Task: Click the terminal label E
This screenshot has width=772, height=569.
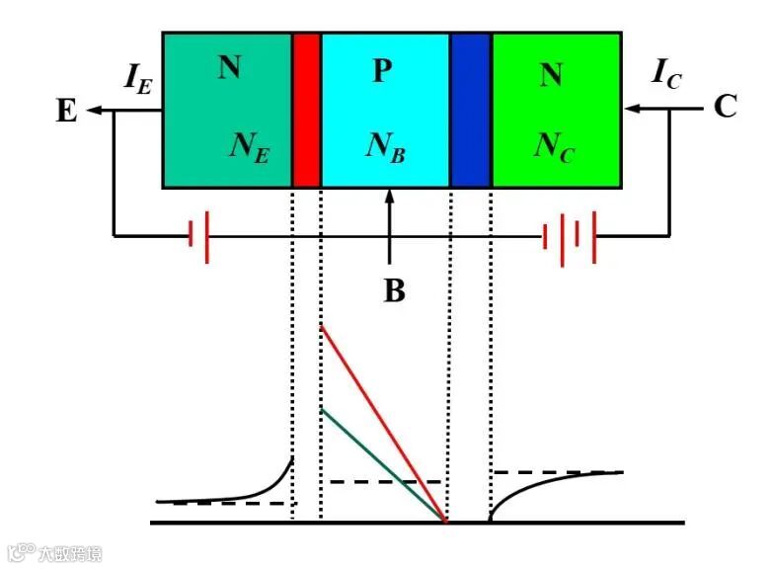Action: point(66,111)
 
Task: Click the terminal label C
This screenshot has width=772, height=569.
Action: point(725,108)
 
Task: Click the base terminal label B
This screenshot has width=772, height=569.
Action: point(393,292)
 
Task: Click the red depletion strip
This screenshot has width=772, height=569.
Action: point(307,110)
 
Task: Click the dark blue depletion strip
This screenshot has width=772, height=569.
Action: point(471,110)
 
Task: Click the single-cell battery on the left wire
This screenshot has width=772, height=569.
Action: point(197,236)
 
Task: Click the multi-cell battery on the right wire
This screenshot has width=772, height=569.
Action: point(570,236)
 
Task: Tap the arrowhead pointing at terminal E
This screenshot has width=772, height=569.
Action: point(95,111)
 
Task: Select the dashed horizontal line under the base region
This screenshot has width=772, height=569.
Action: point(385,481)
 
